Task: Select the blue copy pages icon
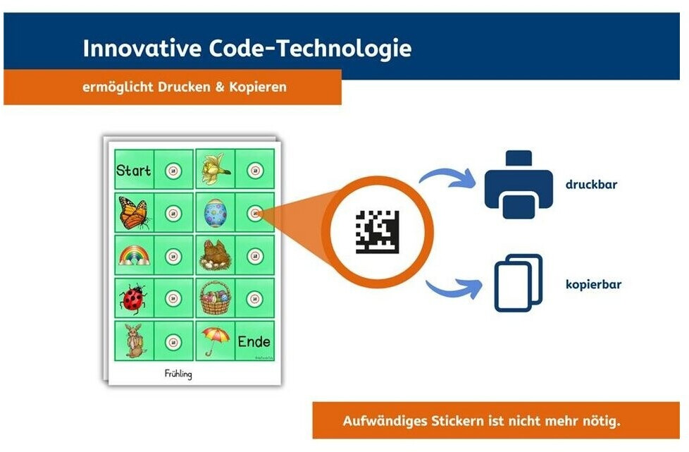click(518, 282)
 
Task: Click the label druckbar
click(591, 185)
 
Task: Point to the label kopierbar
click(593, 285)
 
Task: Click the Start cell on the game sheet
click(133, 170)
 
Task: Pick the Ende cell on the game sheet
click(254, 341)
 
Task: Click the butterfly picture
click(134, 212)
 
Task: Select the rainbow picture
click(133, 255)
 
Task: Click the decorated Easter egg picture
click(214, 212)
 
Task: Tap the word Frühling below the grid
click(178, 374)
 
